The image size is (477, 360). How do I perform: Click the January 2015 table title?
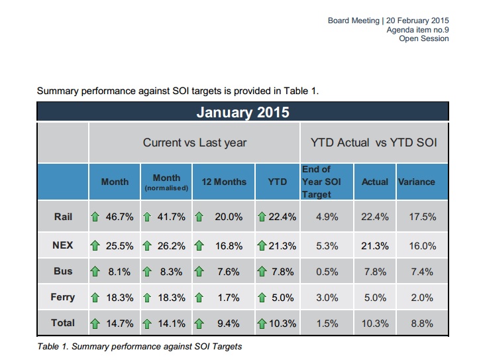tap(242, 112)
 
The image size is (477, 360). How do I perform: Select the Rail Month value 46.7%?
tap(120, 217)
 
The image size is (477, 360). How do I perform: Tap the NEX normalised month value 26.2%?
tap(173, 245)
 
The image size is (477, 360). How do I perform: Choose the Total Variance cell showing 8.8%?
tap(422, 324)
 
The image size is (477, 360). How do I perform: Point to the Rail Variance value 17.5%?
tap(422, 217)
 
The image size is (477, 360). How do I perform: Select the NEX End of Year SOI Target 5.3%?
tap(327, 245)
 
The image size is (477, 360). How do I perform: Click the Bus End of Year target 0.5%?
tap(327, 271)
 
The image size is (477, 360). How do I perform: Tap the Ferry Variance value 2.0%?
tap(422, 298)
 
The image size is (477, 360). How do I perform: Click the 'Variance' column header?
tap(417, 182)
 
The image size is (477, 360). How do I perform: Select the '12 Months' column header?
tap(224, 182)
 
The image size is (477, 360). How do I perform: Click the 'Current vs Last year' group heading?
tap(195, 143)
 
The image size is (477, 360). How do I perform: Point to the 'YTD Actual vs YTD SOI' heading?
tap(374, 143)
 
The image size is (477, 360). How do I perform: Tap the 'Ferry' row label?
tap(63, 297)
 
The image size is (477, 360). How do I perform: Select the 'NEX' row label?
tap(63, 245)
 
